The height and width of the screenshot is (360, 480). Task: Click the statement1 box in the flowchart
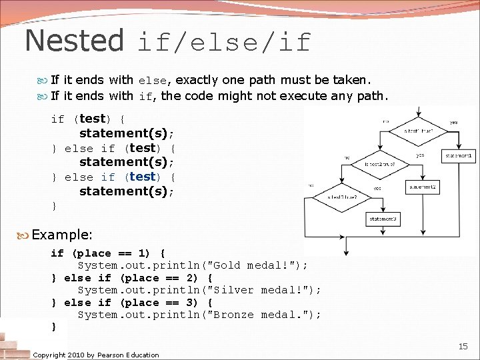(x=459, y=156)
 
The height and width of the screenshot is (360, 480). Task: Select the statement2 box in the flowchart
(x=421, y=187)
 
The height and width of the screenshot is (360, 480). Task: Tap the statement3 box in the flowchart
(x=383, y=219)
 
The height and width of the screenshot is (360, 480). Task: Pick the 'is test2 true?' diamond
(x=381, y=163)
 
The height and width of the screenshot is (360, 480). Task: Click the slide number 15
(x=463, y=346)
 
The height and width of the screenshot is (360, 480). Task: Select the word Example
(x=61, y=235)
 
